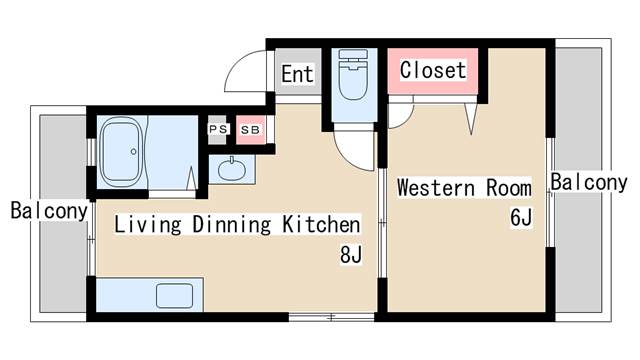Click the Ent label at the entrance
pyautogui.click(x=296, y=73)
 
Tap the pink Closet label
pyautogui.click(x=432, y=70)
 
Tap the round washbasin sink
pyautogui.click(x=232, y=169)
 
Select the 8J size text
pyautogui.click(x=350, y=255)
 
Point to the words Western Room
pyautogui.click(x=463, y=187)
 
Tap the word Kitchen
pyautogui.click(x=319, y=223)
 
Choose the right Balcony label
pyautogui.click(x=588, y=183)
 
